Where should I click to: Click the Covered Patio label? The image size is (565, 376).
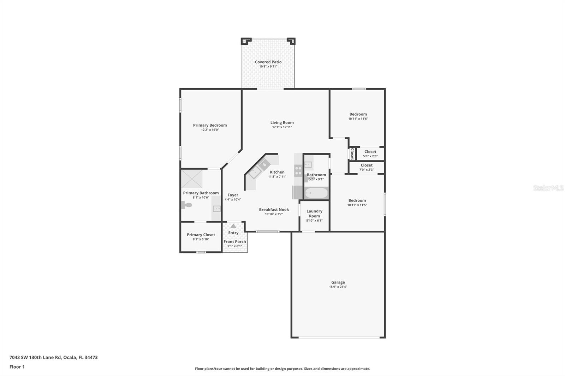point(268,62)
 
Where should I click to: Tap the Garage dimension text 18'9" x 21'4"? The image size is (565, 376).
point(338,287)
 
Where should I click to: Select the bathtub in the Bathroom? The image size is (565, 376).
point(316,193)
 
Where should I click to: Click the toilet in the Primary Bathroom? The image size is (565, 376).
point(186,205)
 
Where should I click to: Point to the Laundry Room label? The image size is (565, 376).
point(314,213)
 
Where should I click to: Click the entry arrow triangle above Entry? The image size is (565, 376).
point(233,226)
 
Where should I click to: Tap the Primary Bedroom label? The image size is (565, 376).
point(210,125)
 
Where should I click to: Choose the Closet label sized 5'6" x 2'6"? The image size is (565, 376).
point(370,152)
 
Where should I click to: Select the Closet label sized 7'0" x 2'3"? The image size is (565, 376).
point(367,165)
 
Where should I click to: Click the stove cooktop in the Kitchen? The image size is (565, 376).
point(298,171)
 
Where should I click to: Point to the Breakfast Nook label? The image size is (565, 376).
point(274,210)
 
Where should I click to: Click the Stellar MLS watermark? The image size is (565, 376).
point(548,188)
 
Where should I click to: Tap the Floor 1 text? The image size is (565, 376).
point(17,367)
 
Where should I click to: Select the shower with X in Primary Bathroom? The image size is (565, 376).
point(192,179)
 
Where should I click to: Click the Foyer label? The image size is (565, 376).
point(233,195)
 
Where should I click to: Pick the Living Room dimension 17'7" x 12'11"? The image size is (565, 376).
point(282,127)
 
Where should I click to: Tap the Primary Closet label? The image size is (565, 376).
point(201,235)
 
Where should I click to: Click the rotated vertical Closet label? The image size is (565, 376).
point(352,154)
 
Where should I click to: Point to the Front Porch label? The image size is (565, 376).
point(234,242)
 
